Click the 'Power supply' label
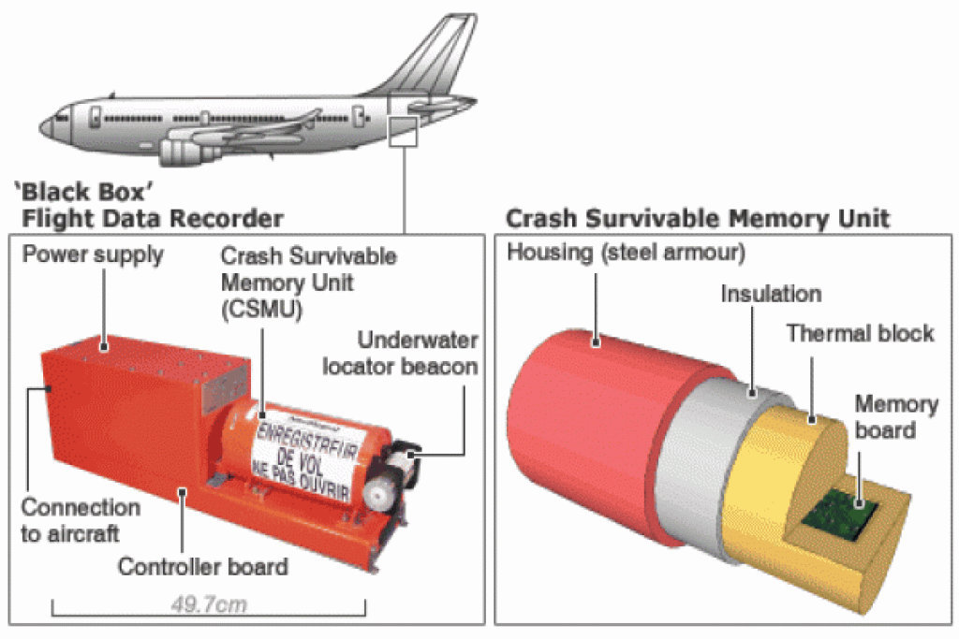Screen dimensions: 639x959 (93, 254)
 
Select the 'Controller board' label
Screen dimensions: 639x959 (202, 566)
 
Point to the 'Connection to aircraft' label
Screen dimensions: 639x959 (81, 520)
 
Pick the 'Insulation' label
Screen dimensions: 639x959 (771, 294)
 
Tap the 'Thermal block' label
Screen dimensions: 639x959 (860, 333)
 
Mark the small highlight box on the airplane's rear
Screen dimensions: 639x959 (402, 131)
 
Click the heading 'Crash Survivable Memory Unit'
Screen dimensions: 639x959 (698, 219)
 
